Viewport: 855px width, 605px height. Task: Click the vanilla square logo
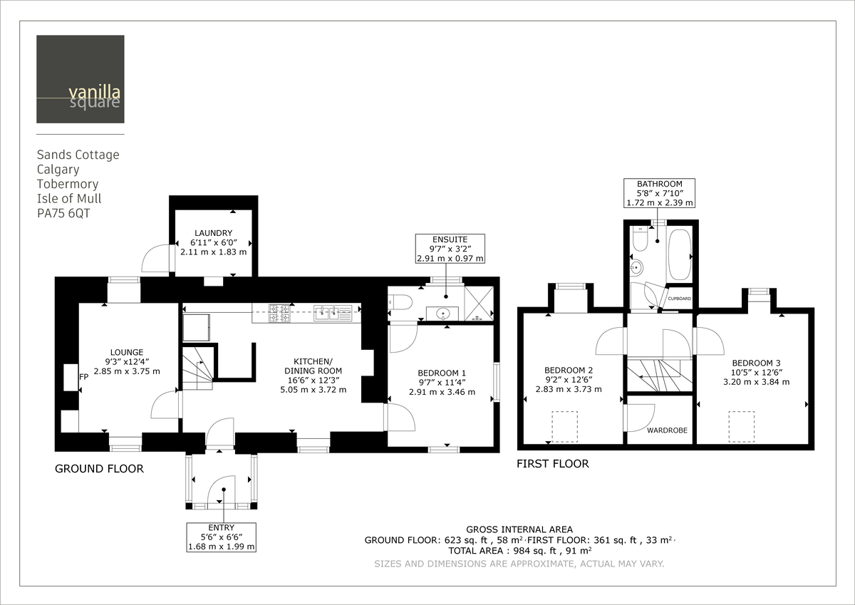[x=81, y=79]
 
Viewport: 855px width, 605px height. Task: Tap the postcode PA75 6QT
[x=67, y=212]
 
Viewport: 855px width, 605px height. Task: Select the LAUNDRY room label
[x=214, y=233]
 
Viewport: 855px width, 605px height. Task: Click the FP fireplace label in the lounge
[x=83, y=377]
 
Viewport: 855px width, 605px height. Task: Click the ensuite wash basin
[x=447, y=312]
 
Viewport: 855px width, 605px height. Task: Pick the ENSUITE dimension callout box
[x=450, y=249]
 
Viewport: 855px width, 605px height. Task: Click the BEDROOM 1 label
[x=442, y=373]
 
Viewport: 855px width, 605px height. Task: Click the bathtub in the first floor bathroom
[x=680, y=254]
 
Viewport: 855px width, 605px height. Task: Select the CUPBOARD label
[x=679, y=299]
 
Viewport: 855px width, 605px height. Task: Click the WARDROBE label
[x=667, y=430]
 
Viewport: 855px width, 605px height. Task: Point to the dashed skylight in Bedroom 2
[x=566, y=426]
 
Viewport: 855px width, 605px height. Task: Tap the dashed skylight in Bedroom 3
[x=740, y=426]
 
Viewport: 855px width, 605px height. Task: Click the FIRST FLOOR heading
[x=553, y=464]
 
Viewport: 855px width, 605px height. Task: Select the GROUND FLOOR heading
[x=99, y=469]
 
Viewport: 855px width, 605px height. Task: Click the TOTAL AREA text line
[x=519, y=551]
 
